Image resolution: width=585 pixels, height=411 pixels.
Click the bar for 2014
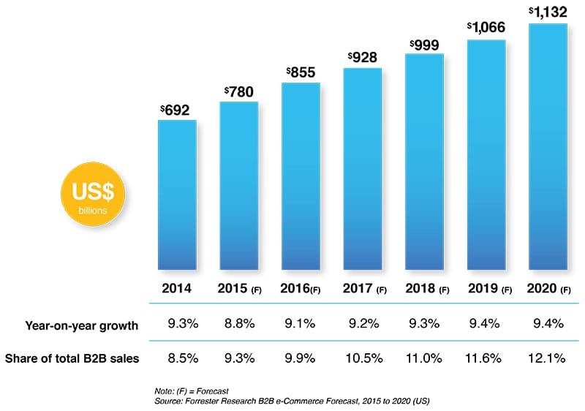coord(177,195)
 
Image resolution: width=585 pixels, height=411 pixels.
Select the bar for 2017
coord(362,169)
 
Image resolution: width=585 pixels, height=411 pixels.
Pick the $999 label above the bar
coord(424,44)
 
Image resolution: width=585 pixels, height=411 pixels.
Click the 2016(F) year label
coord(300,288)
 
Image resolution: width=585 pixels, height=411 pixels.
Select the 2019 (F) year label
coord(486,288)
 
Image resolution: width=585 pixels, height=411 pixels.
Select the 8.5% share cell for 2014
coord(177,358)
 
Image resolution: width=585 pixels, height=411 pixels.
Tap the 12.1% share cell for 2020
coord(548,358)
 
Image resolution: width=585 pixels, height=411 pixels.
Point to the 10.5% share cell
coord(362,358)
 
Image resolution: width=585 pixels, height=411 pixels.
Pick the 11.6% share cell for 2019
coord(486,358)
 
